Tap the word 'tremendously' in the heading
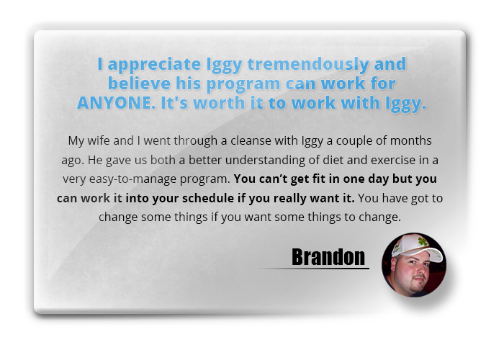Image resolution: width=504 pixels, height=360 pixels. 308,64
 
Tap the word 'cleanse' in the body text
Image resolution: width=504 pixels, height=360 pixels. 251,140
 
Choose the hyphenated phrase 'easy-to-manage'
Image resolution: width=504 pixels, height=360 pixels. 132,179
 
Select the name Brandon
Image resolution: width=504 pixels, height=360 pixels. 328,257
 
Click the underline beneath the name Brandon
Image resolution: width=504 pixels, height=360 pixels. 314,268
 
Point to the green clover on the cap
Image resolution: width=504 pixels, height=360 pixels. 423,241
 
